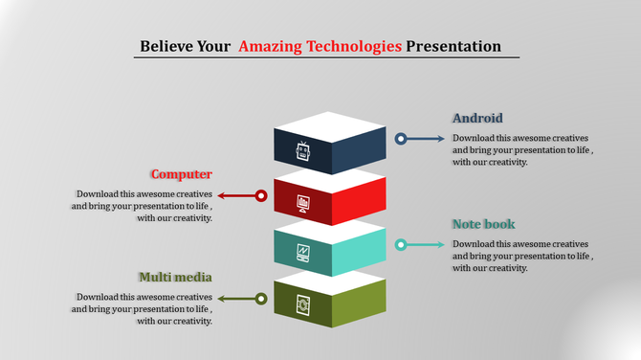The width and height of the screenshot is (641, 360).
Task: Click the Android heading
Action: tap(477, 119)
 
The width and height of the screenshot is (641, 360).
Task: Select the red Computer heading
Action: tap(181, 174)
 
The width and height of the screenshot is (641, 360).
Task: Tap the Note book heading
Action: tap(483, 224)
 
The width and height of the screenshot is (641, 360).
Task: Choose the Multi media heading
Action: tap(175, 277)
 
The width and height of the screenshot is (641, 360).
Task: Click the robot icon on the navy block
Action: tap(303, 151)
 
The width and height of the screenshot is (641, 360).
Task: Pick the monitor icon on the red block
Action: tap(303, 202)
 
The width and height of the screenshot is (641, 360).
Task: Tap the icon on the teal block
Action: tap(303, 253)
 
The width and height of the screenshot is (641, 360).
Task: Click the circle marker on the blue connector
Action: tap(402, 139)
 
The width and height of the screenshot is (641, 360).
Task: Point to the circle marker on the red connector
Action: tap(260, 195)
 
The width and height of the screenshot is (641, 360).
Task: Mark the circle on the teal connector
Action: tap(402, 245)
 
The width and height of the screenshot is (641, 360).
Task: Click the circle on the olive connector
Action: tap(260, 299)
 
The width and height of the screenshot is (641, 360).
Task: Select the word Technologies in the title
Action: tap(351, 46)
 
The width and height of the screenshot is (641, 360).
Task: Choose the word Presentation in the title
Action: tap(453, 46)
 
